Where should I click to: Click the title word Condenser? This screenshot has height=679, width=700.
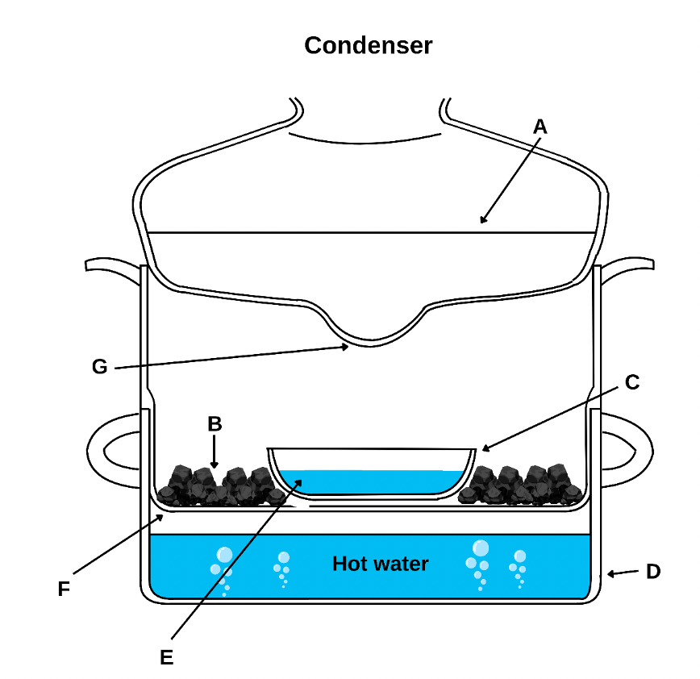tap(368, 46)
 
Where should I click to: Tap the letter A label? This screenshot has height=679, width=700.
tap(540, 126)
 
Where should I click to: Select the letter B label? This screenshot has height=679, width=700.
tap(214, 423)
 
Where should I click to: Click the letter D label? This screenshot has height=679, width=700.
tap(652, 572)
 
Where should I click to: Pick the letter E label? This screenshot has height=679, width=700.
tap(166, 657)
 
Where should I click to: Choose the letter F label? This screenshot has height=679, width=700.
tap(65, 589)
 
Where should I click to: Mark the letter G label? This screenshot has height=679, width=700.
tap(99, 367)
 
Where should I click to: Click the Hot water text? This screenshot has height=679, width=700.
tap(380, 563)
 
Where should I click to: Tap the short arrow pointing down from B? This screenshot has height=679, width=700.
tap(214, 452)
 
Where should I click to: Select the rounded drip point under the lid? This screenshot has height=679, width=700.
tap(373, 339)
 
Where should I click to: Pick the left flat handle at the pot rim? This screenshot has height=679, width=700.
tap(113, 267)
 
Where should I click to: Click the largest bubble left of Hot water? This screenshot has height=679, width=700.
tap(225, 554)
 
